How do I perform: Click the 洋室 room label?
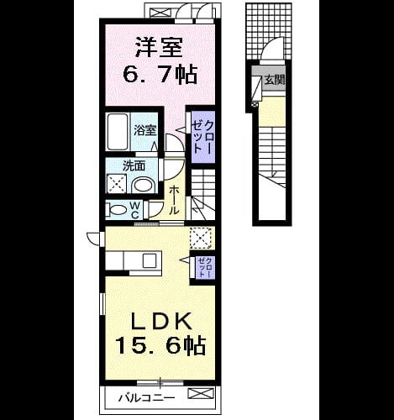tap(159, 47)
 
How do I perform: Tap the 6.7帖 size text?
tap(160, 74)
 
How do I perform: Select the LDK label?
tap(162, 321)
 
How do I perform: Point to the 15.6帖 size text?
tap(160, 345)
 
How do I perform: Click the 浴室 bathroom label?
tap(144, 130)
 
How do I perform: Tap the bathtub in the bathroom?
tap(118, 132)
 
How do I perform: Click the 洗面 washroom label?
tap(134, 166)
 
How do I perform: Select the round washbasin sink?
tap(144, 185)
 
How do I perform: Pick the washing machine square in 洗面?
tap(117, 183)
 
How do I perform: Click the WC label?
tap(134, 210)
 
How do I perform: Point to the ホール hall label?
tap(174, 200)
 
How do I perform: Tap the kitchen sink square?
tap(150, 261)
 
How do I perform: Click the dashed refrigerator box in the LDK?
tap(201, 238)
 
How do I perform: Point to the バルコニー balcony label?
tap(147, 397)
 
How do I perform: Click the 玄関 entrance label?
tap(275, 81)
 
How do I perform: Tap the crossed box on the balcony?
tap(201, 393)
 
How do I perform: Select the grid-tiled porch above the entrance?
tap(269, 31)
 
